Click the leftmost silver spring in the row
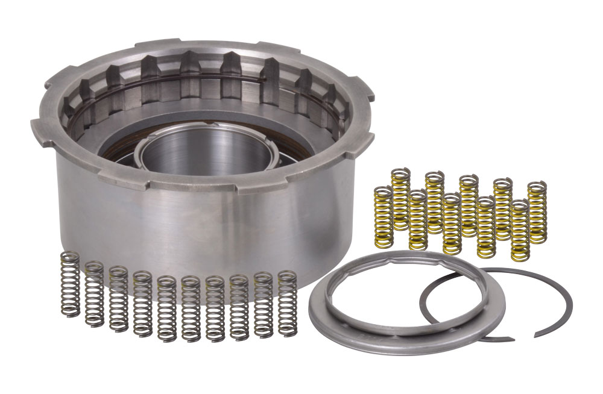71,283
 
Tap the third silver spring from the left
118,298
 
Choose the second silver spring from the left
94,292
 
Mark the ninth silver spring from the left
263,305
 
